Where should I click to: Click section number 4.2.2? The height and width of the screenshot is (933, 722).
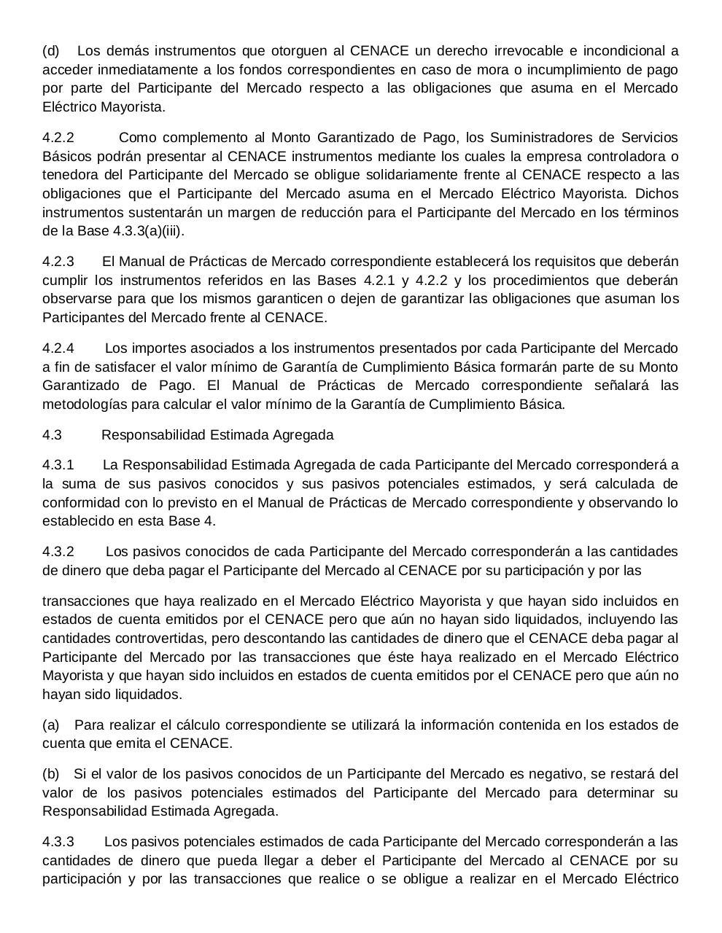pyautogui.click(x=58, y=138)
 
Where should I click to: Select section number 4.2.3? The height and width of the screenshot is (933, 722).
pyautogui.click(x=58, y=262)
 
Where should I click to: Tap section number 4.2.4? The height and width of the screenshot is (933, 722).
pyautogui.click(x=58, y=348)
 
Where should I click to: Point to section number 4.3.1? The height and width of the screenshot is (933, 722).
pyautogui.click(x=58, y=465)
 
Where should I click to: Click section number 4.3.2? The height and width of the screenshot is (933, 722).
pyautogui.click(x=58, y=552)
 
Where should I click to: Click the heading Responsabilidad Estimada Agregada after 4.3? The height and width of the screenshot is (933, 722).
pyautogui.click(x=217, y=435)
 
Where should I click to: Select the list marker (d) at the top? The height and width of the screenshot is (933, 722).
pyautogui.click(x=51, y=51)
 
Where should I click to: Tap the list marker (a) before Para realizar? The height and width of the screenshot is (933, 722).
pyautogui.click(x=50, y=725)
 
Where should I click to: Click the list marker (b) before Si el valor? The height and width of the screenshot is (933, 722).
pyautogui.click(x=50, y=774)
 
